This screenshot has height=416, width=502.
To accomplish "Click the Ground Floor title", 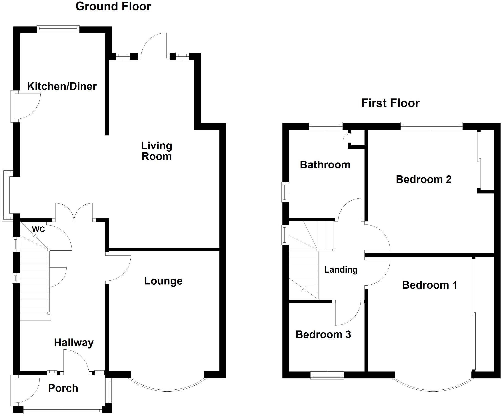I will point(113,6).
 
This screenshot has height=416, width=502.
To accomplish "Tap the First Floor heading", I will point(390,103).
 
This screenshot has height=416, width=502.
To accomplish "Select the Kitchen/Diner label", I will point(62,86).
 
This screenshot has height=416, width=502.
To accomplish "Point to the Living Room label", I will point(157,151).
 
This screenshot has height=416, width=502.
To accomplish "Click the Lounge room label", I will point(163,281).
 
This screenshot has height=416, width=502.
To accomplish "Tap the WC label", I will point(38,229).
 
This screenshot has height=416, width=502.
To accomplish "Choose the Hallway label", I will point(74,342).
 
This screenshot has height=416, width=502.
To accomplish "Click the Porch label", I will point(63,388).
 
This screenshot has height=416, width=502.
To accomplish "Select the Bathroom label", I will point(325,165).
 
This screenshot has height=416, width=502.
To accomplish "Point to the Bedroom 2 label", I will point(423,179).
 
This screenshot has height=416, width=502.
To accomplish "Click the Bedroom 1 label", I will point(429,285).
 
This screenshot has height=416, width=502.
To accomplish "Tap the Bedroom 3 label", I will point(323,335).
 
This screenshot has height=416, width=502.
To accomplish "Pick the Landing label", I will point(341,270).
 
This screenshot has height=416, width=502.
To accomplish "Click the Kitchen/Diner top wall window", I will point(58,29).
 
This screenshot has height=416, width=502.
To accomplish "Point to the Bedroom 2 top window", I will point(431,126).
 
